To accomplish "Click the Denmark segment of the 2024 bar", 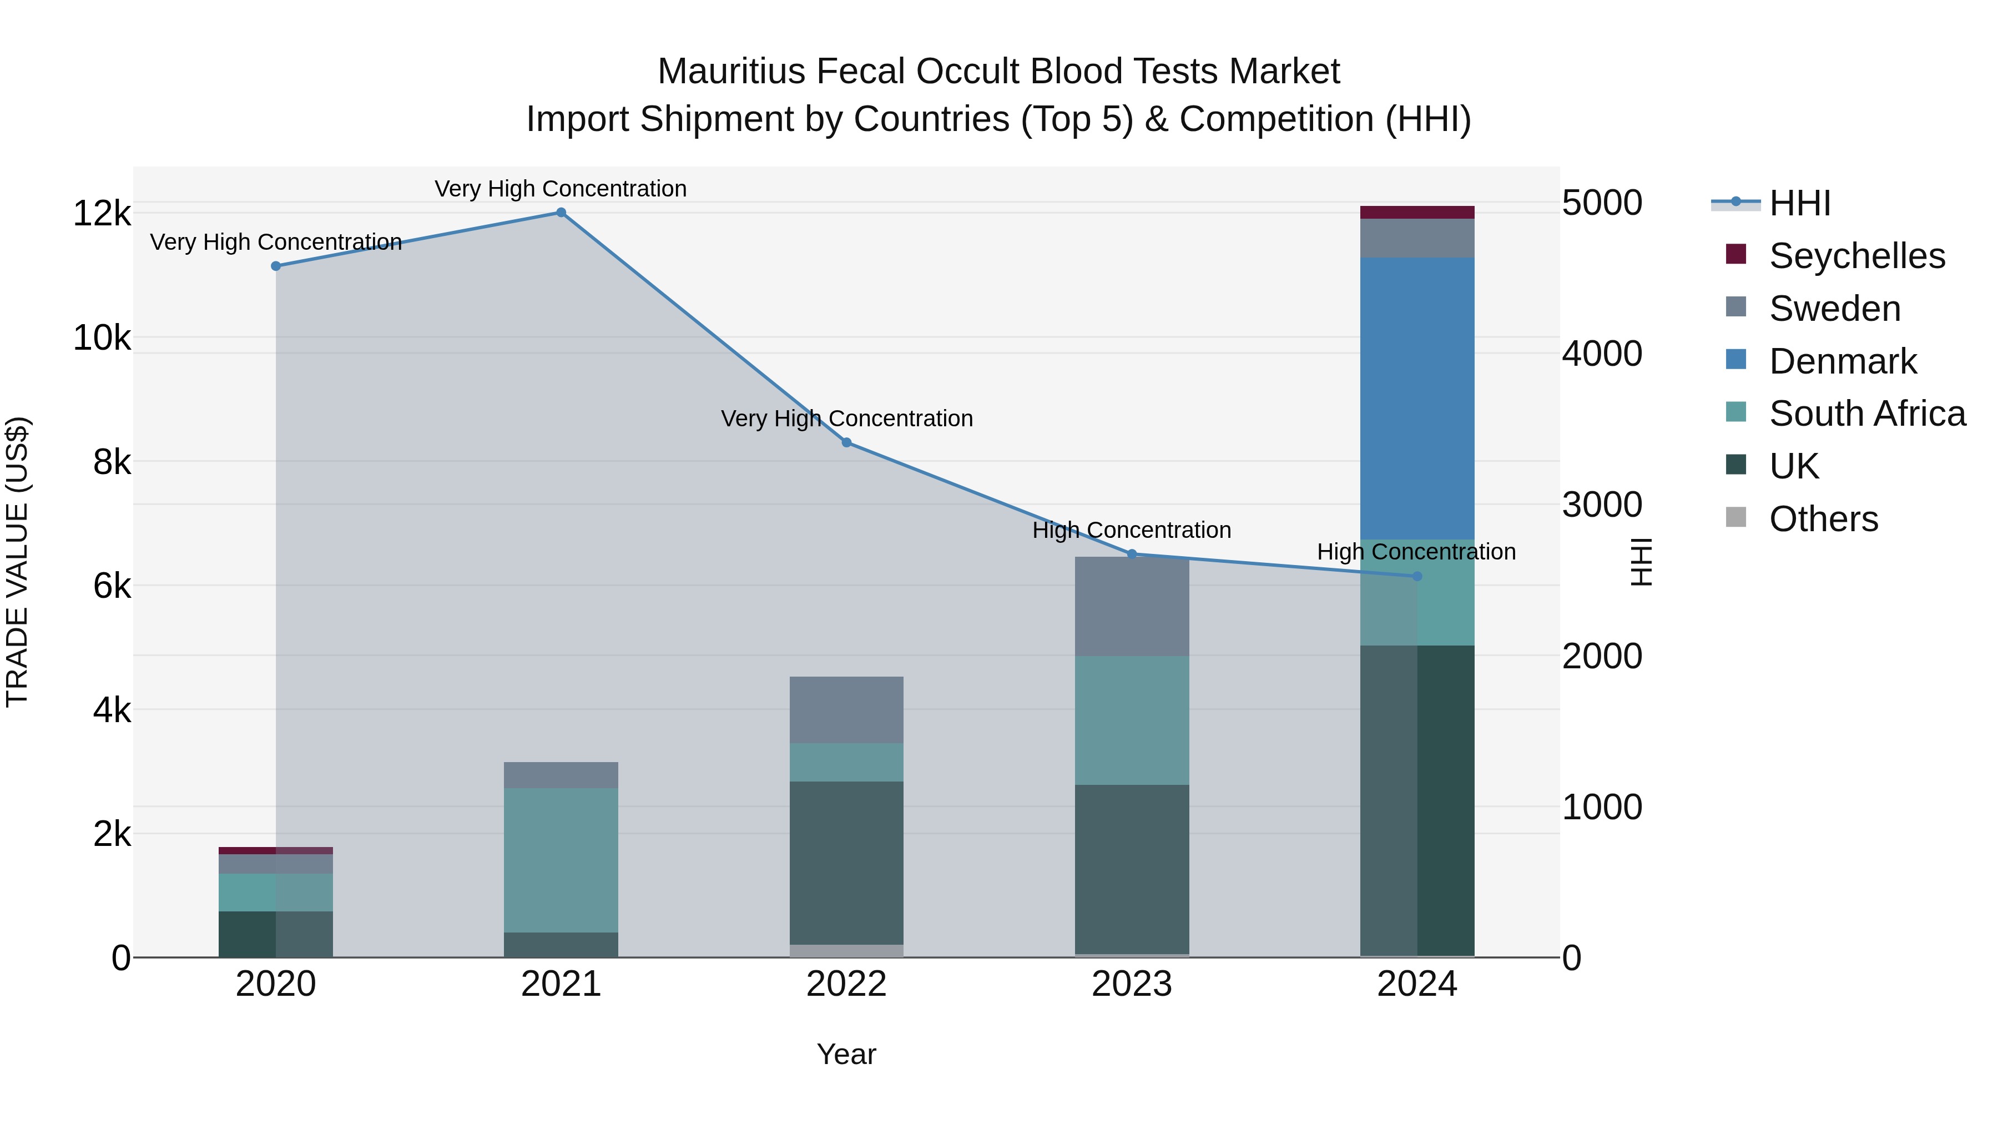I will click(1417, 398).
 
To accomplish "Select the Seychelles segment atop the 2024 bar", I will click(1417, 212).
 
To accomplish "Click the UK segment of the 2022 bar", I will click(846, 862).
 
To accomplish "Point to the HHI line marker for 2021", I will click(561, 213).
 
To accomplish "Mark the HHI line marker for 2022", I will click(846, 442).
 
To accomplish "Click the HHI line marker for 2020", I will click(275, 266).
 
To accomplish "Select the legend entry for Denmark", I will click(1842, 361).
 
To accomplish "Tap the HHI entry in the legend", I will click(1799, 203).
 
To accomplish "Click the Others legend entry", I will click(1823, 519).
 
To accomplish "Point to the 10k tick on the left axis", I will click(102, 338).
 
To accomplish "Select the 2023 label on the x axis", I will click(1132, 984).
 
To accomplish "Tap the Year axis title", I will click(846, 1054).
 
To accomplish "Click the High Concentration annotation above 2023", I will click(1132, 531).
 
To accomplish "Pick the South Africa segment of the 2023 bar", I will click(1132, 720).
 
